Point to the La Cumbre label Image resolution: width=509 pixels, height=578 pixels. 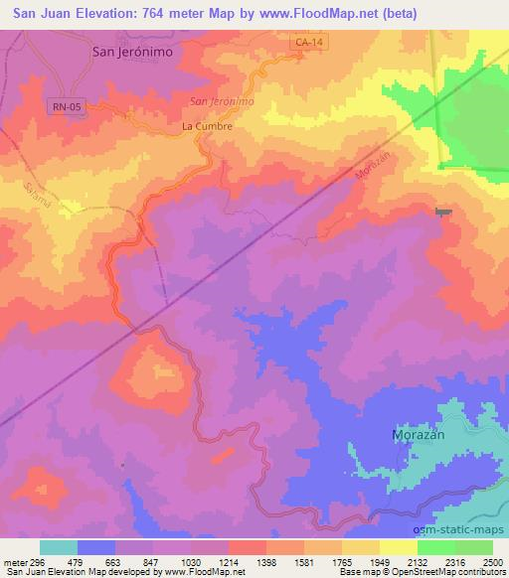point(207,127)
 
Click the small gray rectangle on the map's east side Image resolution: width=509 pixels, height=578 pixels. point(443,211)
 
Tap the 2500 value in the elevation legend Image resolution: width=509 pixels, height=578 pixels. point(492,562)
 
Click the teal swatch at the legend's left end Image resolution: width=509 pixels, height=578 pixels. point(59,547)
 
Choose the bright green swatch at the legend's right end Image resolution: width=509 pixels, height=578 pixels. point(474,547)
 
